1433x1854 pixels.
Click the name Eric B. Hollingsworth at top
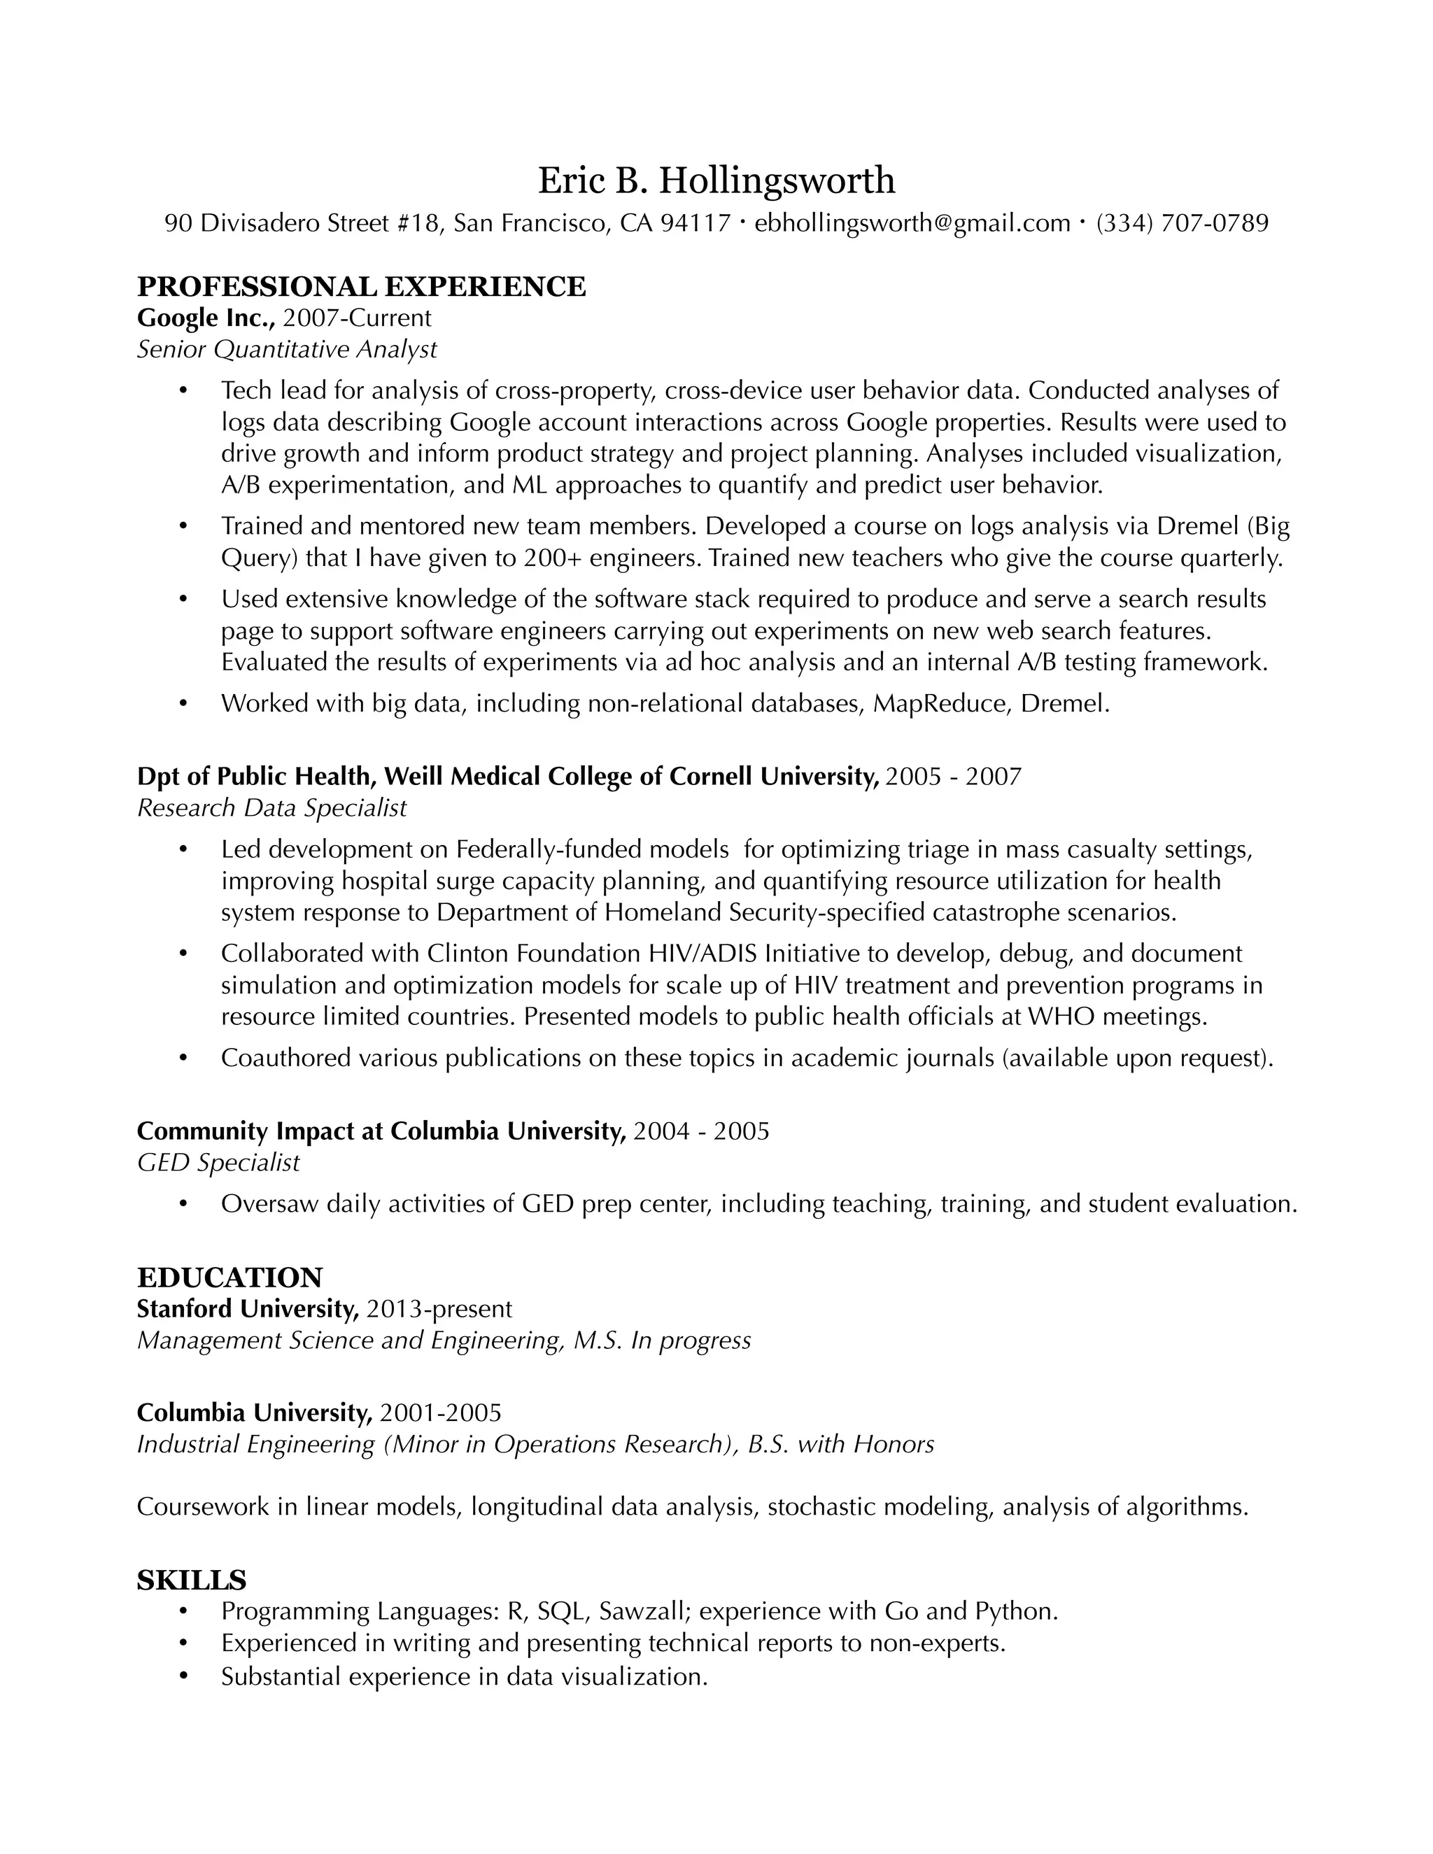[x=716, y=180]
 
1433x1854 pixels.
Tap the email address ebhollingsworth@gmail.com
[x=912, y=223]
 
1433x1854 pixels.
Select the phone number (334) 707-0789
[x=1182, y=223]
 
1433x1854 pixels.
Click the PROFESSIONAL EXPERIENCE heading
[x=361, y=287]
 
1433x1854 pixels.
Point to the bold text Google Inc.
[x=206, y=318]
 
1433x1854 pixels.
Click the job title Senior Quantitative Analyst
[x=287, y=349]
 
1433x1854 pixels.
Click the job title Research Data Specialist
[x=271, y=807]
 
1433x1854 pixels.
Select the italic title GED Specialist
[x=218, y=1162]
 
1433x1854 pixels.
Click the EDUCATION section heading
[x=230, y=1278]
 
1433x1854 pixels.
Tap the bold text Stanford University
[x=248, y=1309]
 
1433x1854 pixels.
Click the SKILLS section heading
[x=191, y=1580]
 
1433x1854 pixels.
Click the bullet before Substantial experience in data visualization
[x=183, y=1678]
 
